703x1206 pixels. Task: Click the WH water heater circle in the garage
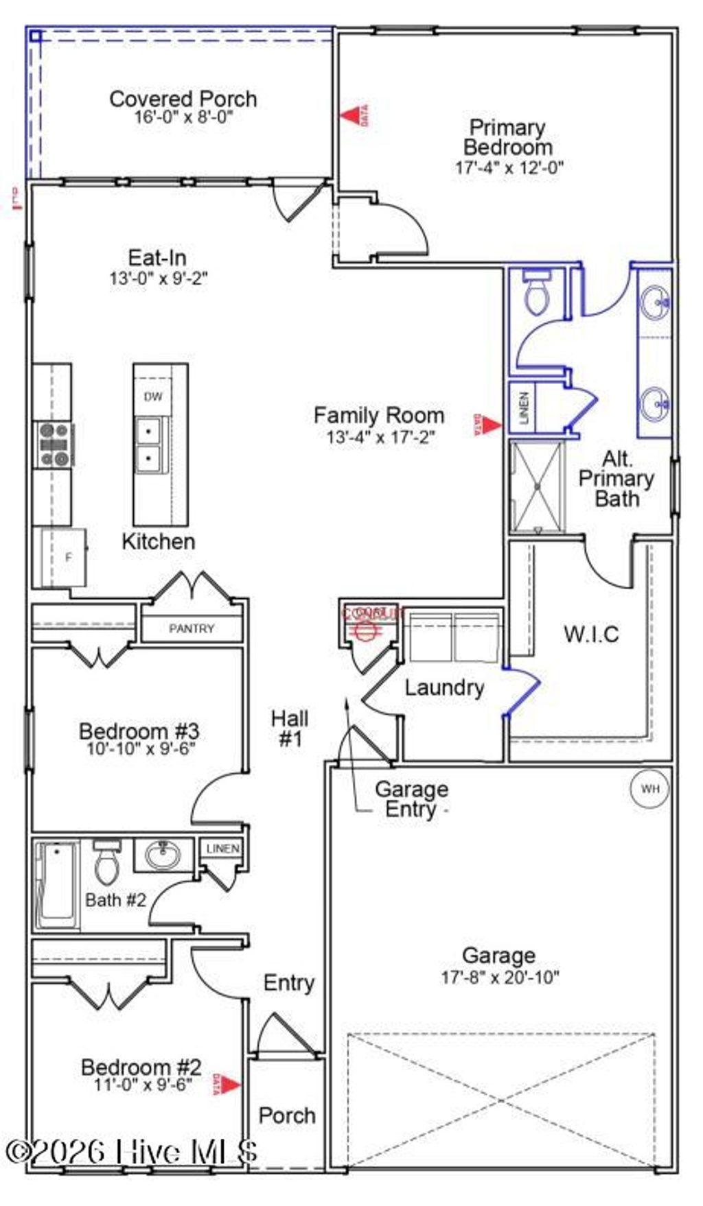pyautogui.click(x=649, y=788)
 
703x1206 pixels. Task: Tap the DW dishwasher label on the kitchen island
pyautogui.click(x=153, y=397)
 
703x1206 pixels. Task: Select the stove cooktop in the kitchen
pyautogui.click(x=54, y=445)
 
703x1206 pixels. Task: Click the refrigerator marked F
pyautogui.click(x=65, y=557)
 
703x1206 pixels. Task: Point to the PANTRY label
pyautogui.click(x=192, y=628)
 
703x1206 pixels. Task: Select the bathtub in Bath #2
pyautogui.click(x=57, y=885)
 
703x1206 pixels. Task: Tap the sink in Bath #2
pyautogui.click(x=163, y=855)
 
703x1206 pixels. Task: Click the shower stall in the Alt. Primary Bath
pyautogui.click(x=537, y=486)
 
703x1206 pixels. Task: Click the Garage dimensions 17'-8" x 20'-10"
pyautogui.click(x=500, y=977)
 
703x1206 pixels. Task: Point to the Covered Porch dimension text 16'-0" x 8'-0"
pyautogui.click(x=183, y=117)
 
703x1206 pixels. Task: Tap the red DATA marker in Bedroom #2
pyautogui.click(x=228, y=1085)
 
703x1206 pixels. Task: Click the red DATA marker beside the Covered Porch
pyautogui.click(x=355, y=115)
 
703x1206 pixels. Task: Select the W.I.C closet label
pyautogui.click(x=591, y=633)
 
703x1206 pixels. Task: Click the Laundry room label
pyautogui.click(x=444, y=687)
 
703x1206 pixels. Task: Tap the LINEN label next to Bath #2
pyautogui.click(x=222, y=849)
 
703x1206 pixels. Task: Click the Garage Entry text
pyautogui.click(x=411, y=799)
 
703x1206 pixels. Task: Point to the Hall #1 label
pyautogui.click(x=290, y=729)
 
